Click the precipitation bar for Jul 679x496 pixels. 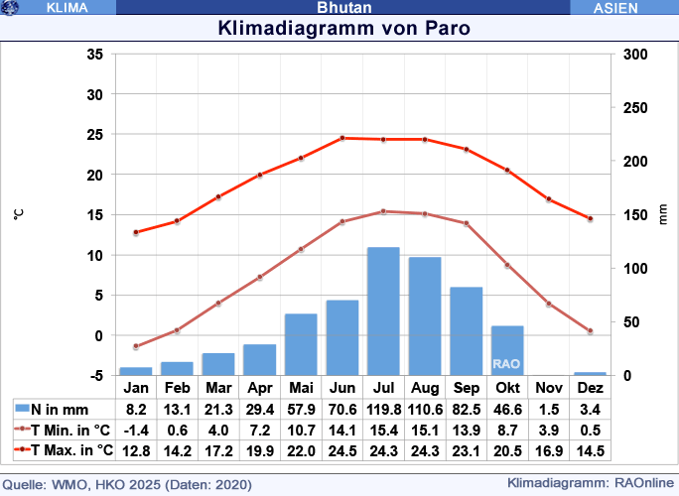click(383, 311)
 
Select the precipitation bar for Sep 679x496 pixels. click(466, 331)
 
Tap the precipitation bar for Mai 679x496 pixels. click(301, 344)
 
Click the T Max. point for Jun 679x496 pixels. click(342, 138)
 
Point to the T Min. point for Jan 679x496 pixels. click(136, 346)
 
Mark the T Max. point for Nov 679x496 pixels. click(548, 199)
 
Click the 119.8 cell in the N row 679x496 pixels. click(383, 409)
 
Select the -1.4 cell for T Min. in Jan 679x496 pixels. click(136, 430)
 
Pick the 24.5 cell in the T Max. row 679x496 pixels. click(342, 450)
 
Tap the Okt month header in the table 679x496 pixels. click(507, 388)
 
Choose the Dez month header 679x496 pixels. click(590, 388)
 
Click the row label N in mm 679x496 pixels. click(60, 409)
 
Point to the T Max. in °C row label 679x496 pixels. click(63, 450)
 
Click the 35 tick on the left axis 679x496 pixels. click(94, 55)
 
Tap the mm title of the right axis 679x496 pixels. click(664, 215)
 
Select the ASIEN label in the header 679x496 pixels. click(622, 8)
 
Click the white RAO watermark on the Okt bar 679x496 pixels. click(506, 364)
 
